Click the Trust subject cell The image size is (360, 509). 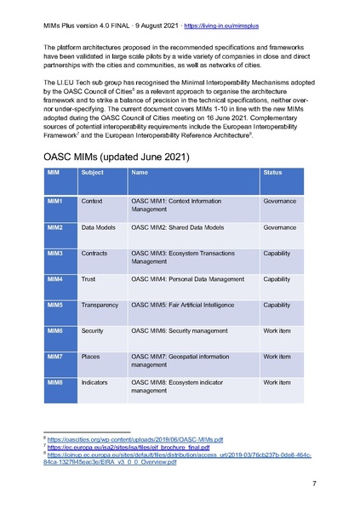[x=89, y=279]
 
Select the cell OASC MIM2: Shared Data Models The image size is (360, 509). [x=178, y=227]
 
